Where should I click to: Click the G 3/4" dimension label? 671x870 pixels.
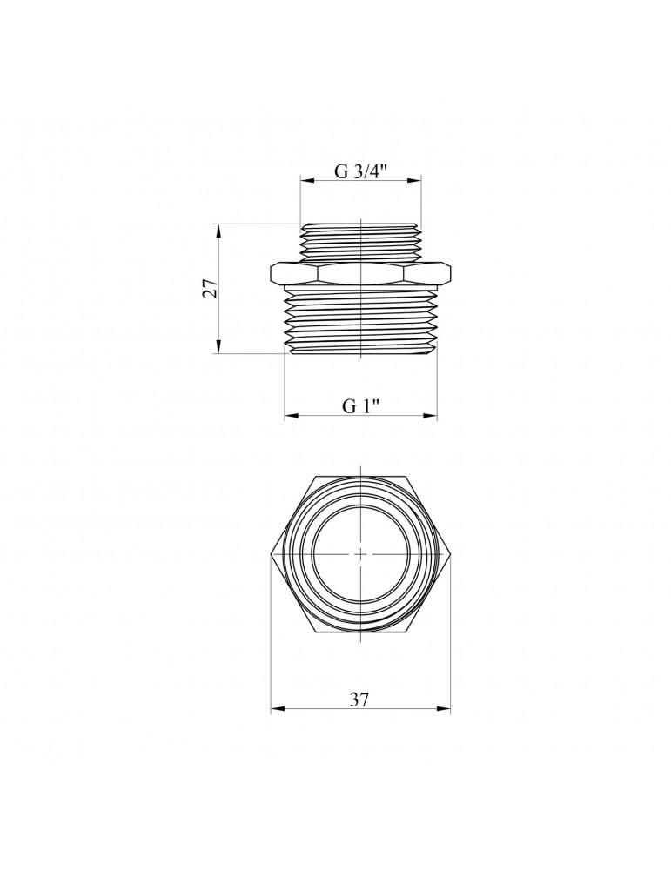click(361, 171)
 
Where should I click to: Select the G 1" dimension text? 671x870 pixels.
click(361, 406)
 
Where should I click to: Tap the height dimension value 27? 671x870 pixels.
click(209, 289)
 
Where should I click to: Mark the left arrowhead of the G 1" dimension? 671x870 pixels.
click(291, 418)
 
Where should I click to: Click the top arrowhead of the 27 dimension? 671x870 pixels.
click(218, 229)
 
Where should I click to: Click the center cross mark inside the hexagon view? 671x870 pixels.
click(361, 553)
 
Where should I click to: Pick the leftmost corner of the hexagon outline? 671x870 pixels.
click(272, 553)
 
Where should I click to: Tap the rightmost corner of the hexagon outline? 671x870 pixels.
click(451, 553)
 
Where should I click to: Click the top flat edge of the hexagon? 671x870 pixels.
click(361, 476)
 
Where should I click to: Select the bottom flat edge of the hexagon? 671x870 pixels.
click(361, 631)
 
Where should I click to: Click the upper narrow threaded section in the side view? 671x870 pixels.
click(361, 240)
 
